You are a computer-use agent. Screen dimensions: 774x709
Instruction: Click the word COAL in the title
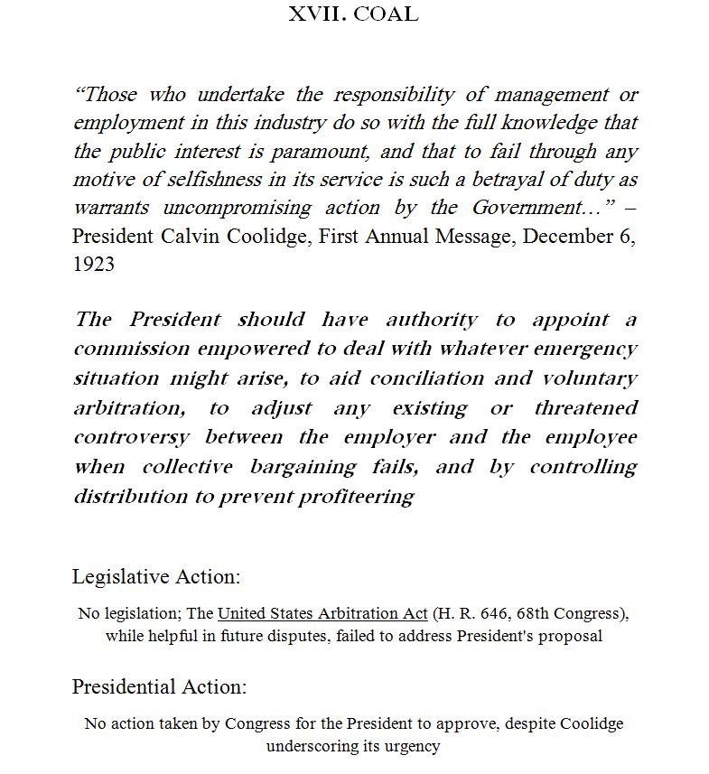[x=386, y=14]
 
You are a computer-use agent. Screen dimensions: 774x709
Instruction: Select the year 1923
[x=94, y=266]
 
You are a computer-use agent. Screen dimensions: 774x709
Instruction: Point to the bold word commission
[x=132, y=349]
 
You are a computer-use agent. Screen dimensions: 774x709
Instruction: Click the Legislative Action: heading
[x=156, y=576]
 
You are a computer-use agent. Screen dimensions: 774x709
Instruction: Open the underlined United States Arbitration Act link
[x=322, y=614]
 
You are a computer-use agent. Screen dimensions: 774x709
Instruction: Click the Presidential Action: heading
[x=159, y=686]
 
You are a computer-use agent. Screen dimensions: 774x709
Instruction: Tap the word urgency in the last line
[x=412, y=746]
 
